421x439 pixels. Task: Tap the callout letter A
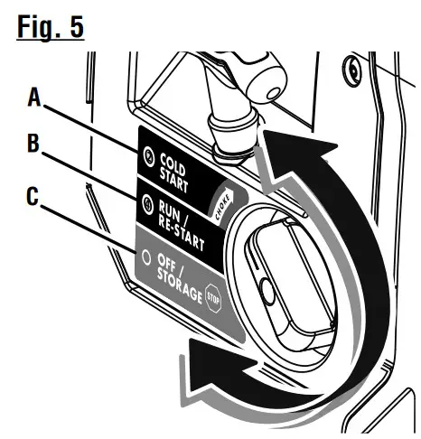tap(34, 97)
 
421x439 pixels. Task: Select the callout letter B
tap(33, 143)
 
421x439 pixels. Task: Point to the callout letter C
tap(33, 196)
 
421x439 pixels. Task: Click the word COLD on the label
tap(173, 164)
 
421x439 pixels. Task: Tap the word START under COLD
tap(173, 180)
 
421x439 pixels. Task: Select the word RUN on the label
tap(169, 210)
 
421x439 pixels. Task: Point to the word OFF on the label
tap(167, 262)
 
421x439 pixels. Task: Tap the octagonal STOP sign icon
tap(213, 298)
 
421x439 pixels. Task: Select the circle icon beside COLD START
tap(149, 156)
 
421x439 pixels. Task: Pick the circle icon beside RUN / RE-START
tap(147, 205)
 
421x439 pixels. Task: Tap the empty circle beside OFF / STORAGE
tap(146, 257)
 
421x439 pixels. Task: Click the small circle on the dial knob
tap(267, 291)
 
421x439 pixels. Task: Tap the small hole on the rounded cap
tap(274, 93)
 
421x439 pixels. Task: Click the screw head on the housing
tap(352, 71)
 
